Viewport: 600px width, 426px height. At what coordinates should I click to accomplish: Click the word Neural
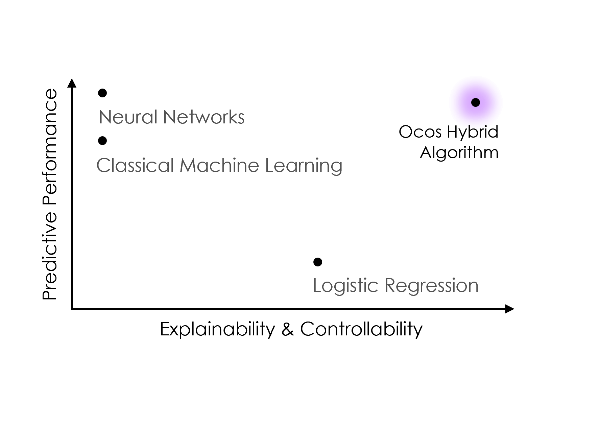128,117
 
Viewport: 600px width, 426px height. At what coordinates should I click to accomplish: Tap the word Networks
203,117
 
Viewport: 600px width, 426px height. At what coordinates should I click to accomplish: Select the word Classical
135,166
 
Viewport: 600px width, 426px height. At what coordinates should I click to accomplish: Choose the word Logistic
345,286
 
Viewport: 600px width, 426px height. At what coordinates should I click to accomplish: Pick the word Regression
431,286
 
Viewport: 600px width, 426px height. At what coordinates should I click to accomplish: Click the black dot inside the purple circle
475,102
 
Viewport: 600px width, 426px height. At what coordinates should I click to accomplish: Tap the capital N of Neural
104,117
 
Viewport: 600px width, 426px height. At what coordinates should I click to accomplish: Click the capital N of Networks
169,117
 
